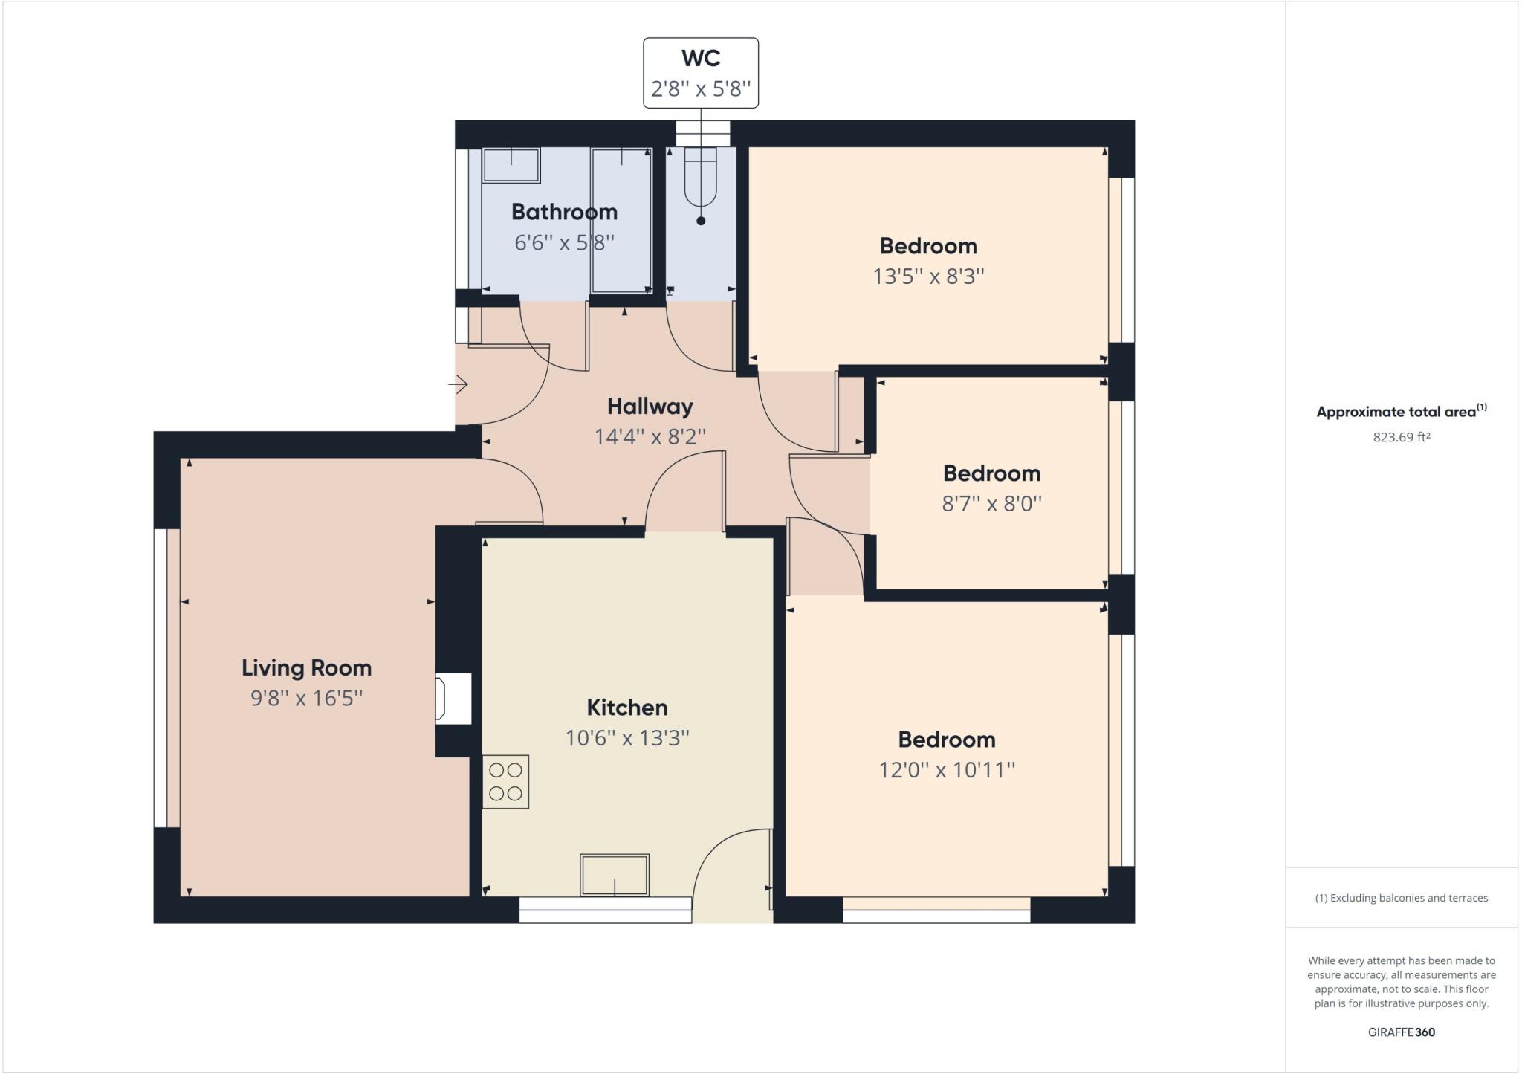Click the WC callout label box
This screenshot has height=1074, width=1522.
pyautogui.click(x=700, y=73)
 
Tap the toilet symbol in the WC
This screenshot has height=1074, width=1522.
pyautogui.click(x=700, y=178)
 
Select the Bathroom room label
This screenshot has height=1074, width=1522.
pyautogui.click(x=564, y=212)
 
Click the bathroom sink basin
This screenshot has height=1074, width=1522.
pyautogui.click(x=511, y=165)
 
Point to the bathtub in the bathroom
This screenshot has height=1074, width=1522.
pyautogui.click(x=621, y=220)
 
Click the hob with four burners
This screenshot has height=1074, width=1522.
pyautogui.click(x=505, y=782)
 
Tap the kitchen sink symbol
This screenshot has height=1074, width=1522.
pyautogui.click(x=615, y=875)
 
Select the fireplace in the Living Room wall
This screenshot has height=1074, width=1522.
pyautogui.click(x=453, y=698)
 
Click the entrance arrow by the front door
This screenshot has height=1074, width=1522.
pyautogui.click(x=458, y=384)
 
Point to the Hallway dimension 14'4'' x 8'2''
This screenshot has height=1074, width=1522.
pyautogui.click(x=650, y=436)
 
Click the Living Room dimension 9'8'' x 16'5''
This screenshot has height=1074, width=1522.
pyautogui.click(x=306, y=698)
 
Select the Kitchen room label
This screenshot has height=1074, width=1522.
pyautogui.click(x=627, y=707)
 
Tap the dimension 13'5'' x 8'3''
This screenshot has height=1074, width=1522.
pyautogui.click(x=928, y=276)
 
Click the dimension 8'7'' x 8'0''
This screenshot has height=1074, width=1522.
pyautogui.click(x=991, y=504)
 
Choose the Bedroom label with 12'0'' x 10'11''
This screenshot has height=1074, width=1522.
pyautogui.click(x=946, y=740)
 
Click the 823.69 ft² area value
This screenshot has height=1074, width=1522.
pyautogui.click(x=1401, y=437)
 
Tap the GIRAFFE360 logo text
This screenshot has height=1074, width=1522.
pyautogui.click(x=1401, y=1032)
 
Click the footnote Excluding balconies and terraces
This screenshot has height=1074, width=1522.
pyautogui.click(x=1401, y=898)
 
